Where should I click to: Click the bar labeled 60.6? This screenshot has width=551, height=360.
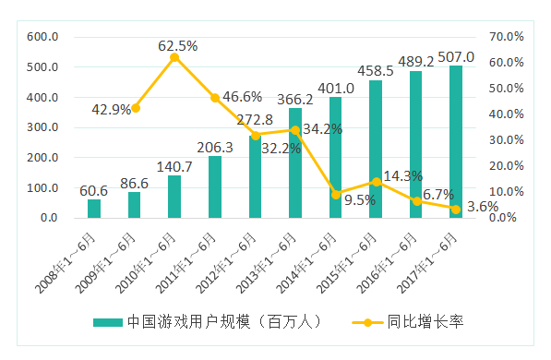94,209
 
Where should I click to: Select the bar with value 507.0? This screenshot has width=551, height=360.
456,142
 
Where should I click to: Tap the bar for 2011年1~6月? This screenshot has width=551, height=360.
215,187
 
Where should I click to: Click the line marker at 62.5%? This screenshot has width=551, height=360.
174,57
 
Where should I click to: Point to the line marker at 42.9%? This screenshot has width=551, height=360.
135,108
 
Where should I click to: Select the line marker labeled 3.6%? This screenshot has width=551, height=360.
456,209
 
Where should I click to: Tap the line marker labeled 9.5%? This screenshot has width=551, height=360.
336,194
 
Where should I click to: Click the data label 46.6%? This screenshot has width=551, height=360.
242,96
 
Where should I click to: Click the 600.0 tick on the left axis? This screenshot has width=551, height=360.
42,37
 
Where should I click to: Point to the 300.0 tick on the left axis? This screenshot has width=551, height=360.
42,127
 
